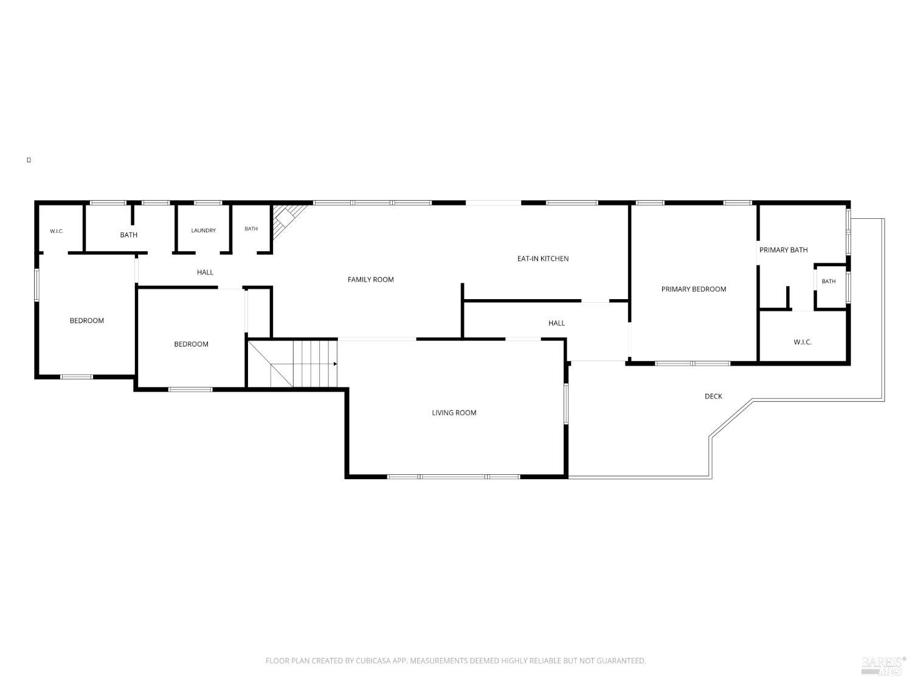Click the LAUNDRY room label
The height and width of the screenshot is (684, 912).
click(203, 230)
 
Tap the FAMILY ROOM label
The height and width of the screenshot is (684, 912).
click(371, 280)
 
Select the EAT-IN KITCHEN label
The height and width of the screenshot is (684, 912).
click(542, 259)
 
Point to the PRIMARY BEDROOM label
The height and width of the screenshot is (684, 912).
click(694, 289)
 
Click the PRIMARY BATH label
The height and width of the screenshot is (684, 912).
click(783, 250)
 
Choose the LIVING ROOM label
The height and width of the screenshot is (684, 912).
click(454, 413)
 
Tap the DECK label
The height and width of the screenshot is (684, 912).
click(713, 396)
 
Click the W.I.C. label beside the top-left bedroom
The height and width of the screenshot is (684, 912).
click(57, 231)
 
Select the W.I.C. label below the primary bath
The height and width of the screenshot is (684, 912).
click(803, 342)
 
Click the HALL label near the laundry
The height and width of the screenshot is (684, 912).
click(205, 272)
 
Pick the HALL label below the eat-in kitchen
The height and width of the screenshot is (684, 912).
click(556, 323)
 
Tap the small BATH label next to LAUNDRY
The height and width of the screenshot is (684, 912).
click(251, 229)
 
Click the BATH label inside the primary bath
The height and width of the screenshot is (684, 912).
click(829, 282)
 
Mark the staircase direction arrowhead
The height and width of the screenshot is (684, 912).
click(335, 364)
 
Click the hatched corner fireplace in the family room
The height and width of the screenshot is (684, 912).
click(287, 219)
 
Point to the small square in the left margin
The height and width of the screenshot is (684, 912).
click(29, 160)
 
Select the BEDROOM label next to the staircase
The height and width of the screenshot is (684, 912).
click(191, 344)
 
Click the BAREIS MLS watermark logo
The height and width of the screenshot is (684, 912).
click(883, 666)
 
